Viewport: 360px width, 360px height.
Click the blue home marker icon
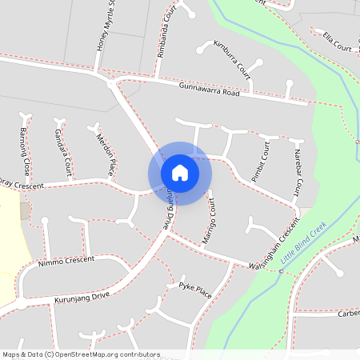180,172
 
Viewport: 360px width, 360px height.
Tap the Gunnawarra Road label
210,90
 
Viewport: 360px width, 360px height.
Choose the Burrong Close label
25,151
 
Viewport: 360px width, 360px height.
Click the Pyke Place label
195,290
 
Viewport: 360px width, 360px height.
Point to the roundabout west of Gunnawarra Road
110,82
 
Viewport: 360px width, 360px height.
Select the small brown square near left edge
25,211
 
